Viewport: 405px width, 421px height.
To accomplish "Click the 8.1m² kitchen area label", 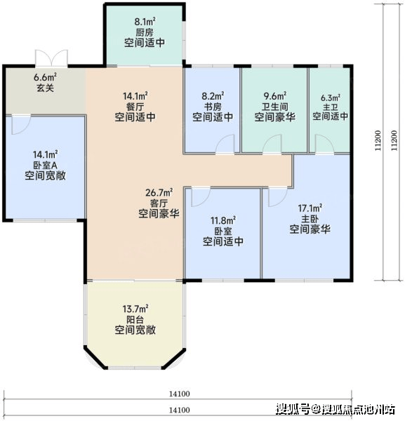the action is click(145, 22).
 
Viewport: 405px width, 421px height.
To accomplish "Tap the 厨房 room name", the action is click(145, 32).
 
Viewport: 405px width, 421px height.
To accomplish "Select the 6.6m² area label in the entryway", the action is click(45, 77).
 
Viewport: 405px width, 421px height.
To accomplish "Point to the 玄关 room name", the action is click(45, 88).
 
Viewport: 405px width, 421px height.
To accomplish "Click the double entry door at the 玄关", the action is click(51, 58).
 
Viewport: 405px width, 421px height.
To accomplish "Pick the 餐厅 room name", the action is click(135, 107).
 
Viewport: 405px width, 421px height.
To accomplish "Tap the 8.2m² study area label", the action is click(213, 96).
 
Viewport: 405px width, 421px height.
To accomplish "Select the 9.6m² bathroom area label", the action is click(274, 96).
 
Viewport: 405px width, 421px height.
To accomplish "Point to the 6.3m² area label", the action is click(331, 98).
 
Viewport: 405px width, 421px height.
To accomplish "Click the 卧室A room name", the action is click(45, 165).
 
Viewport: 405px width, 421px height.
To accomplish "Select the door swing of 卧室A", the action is click(21, 125).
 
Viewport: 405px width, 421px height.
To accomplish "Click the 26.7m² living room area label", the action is click(159, 192).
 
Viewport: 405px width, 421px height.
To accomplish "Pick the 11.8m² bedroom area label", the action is click(223, 221).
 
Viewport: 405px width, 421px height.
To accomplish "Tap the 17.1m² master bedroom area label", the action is click(310, 208).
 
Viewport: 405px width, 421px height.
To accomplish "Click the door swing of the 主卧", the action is click(278, 197).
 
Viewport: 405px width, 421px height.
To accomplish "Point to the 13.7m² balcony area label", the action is click(135, 309).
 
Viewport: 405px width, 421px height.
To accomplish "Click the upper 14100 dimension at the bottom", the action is click(180, 394).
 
